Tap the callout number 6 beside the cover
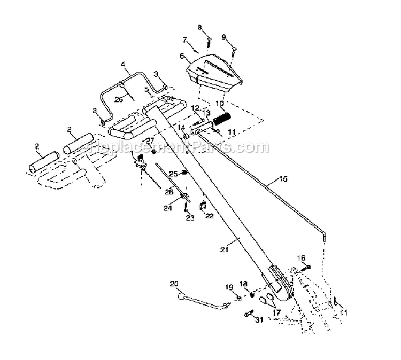click(182, 56)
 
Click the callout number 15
click(283, 179)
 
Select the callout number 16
click(302, 257)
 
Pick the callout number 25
click(173, 174)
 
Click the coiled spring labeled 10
click(221, 118)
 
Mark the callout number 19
click(229, 287)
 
